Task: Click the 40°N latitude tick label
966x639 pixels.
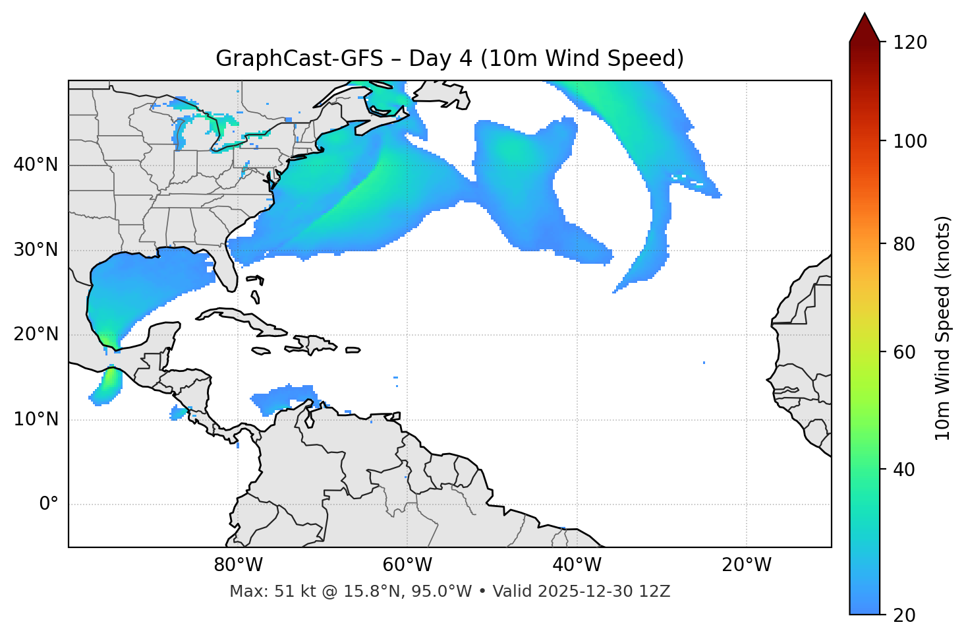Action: pos(36,165)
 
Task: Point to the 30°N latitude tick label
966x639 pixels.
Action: pos(36,250)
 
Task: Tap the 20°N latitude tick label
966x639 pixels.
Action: pos(36,334)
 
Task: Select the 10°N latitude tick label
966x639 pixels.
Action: pos(36,419)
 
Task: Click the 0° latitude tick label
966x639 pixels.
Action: pos(49,504)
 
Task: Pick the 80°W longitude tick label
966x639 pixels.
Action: pos(238,565)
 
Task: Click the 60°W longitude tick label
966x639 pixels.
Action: pos(407,565)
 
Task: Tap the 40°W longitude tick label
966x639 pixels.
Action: pos(577,565)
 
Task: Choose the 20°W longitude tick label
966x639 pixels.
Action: pos(747,565)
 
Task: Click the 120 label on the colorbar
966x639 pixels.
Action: pos(910,43)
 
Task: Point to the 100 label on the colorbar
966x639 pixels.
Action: pos(910,141)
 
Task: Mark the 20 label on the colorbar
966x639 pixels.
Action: pos(904,615)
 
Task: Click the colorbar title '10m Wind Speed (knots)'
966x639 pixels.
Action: pos(944,328)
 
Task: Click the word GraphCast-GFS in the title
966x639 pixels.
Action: pos(299,59)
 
